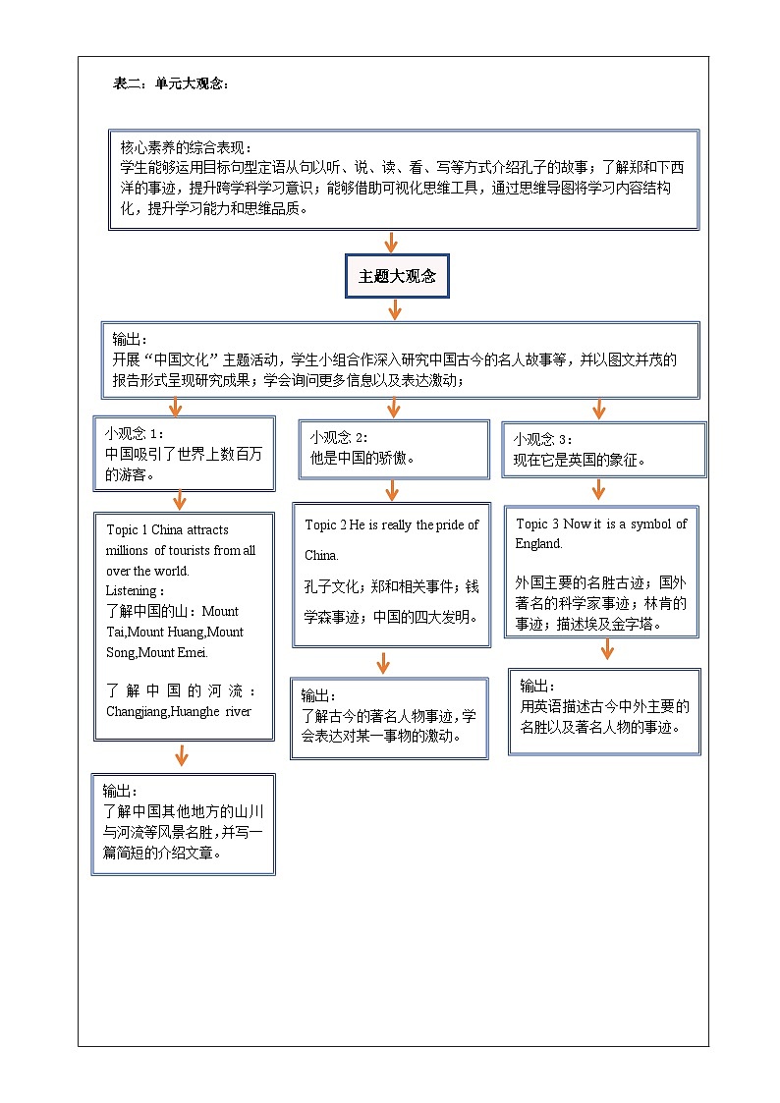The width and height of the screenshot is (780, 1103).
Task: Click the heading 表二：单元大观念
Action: [x=172, y=84]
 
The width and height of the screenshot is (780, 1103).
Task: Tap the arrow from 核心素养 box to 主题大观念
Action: [x=392, y=243]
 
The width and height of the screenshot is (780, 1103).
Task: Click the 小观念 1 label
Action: [x=134, y=433]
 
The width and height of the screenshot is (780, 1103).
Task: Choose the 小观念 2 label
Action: [x=339, y=437]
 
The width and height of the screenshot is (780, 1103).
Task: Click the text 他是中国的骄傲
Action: [x=362, y=458]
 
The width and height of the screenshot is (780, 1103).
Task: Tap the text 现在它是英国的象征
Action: [x=579, y=460]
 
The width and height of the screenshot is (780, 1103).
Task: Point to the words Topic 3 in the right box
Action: [x=535, y=524]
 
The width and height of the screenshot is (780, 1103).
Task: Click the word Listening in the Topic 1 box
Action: [x=133, y=590]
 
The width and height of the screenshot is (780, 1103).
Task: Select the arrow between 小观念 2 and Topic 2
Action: [x=392, y=489]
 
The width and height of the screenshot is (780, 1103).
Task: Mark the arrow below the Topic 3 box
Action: [x=607, y=649]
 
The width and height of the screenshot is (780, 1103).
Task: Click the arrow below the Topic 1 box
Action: [x=182, y=754]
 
